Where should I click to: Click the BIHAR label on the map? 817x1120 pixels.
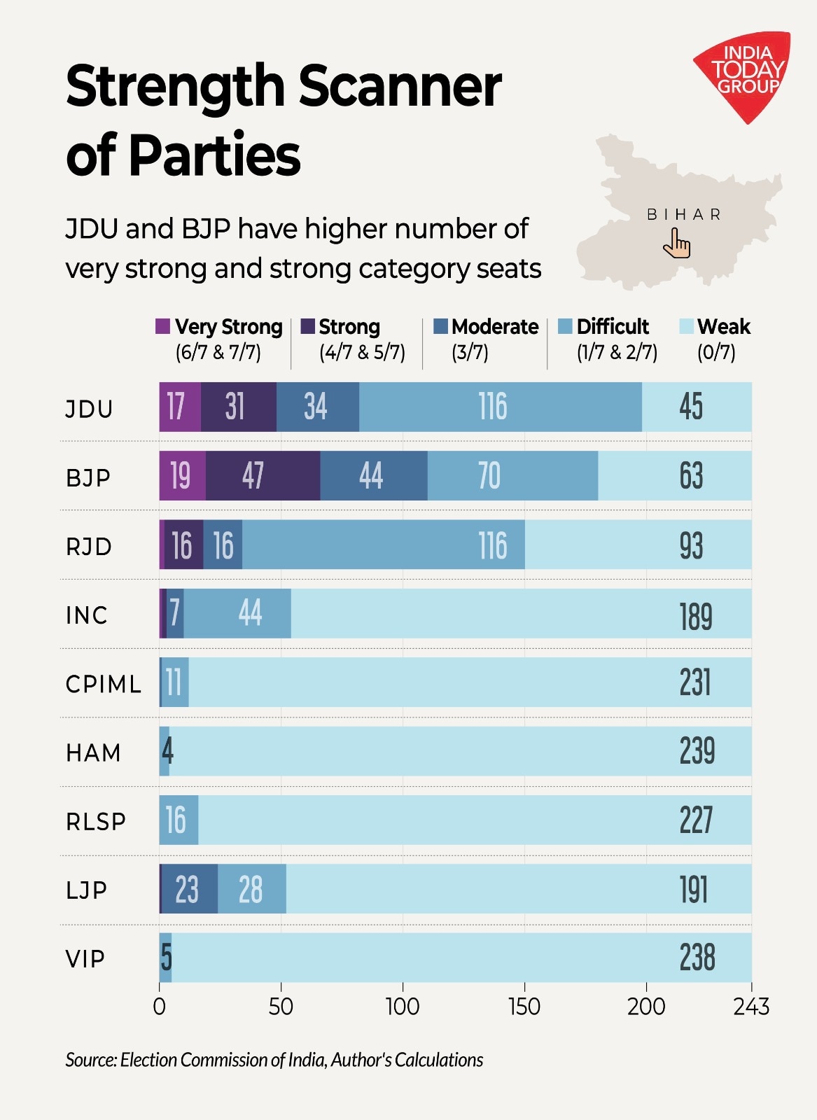point(683,214)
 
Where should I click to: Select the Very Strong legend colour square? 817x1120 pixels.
point(162,326)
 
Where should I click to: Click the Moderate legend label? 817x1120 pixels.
point(495,327)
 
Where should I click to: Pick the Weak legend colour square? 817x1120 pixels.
point(686,326)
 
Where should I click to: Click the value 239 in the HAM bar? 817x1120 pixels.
point(697,751)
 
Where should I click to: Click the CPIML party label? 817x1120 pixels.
point(104,684)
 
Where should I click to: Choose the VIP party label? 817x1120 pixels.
point(85,958)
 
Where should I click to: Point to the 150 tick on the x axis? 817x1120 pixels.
point(524,1007)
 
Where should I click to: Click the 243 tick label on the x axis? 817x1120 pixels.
point(751,1007)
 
